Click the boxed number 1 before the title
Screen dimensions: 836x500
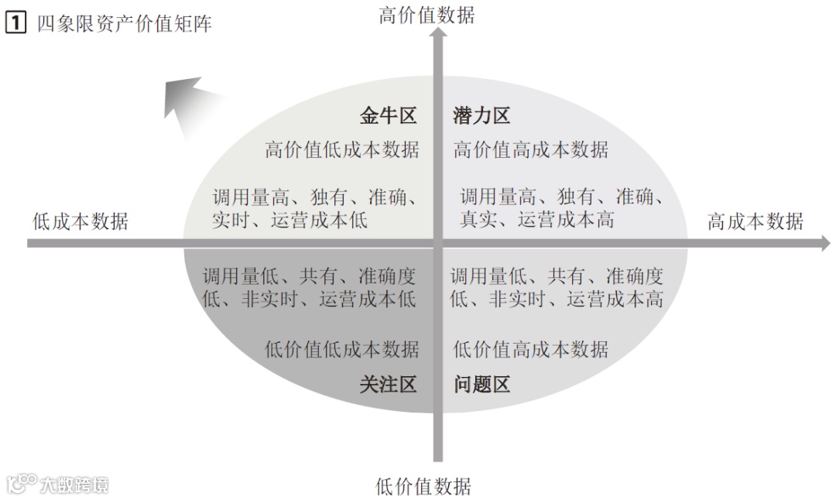15,24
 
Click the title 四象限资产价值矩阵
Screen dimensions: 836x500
124,24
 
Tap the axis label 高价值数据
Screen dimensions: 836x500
427,15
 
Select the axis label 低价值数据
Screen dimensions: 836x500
423,486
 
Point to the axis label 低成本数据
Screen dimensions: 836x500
81,221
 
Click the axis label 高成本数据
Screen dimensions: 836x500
755,221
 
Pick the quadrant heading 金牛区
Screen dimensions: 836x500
388,116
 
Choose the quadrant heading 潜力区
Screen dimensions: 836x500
481,116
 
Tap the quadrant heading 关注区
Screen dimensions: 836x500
388,384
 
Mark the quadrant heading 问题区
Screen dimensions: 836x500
481,384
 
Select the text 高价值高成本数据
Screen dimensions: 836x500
531,149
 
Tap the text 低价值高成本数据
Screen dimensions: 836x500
531,349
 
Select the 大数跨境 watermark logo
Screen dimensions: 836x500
57,485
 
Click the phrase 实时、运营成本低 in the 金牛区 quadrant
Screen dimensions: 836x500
290,220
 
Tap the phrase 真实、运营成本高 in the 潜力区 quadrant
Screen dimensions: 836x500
537,220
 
